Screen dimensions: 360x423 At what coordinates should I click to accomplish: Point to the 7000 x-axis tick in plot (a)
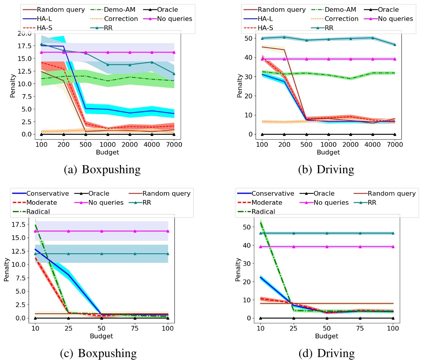point(174,145)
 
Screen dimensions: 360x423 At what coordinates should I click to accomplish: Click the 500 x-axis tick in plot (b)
point(307,145)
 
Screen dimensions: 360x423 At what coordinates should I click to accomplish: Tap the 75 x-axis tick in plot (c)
point(135,329)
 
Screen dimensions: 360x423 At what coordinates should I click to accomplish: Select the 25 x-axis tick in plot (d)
point(293,329)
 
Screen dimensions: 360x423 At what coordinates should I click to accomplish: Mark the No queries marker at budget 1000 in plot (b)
point(329,59)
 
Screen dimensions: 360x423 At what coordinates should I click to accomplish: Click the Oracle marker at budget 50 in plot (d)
point(326,318)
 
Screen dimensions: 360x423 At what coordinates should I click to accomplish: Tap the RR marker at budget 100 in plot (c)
point(168,254)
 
